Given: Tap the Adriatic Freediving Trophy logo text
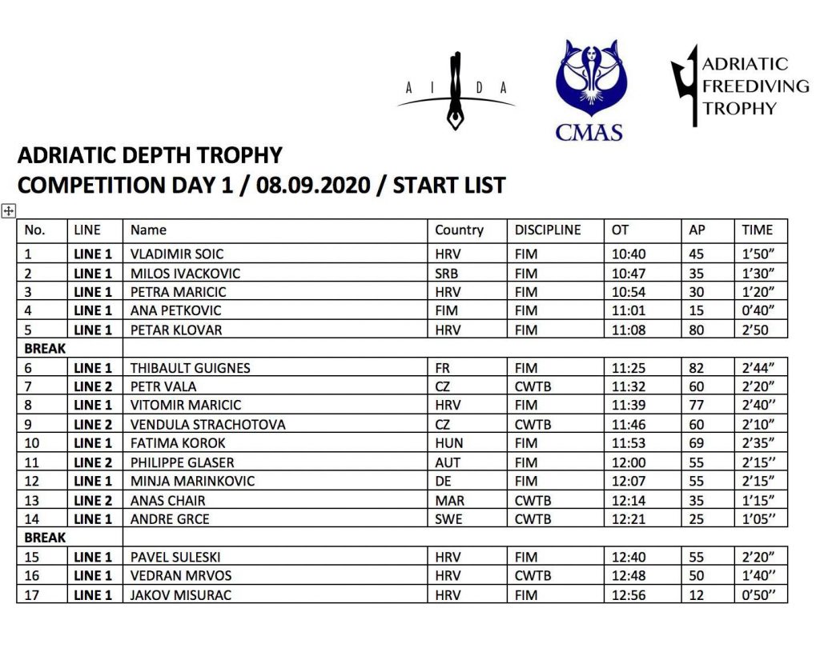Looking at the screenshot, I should [744, 86].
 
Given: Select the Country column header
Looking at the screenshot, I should [459, 230].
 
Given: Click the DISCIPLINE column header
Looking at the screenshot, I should [548, 230].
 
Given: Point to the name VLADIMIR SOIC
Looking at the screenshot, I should [177, 254].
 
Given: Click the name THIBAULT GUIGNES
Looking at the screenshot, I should [191, 368].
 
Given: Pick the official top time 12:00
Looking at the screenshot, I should [628, 462].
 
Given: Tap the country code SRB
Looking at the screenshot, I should [447, 274].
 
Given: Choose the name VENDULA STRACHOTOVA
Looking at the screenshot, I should [208, 425].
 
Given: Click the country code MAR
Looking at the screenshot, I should [448, 501].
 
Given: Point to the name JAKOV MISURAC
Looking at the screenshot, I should [181, 595].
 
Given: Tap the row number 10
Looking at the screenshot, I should [33, 443].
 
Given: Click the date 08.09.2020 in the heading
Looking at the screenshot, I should [316, 186].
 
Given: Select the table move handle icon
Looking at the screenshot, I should [9, 211].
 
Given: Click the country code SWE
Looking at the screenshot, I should [448, 519].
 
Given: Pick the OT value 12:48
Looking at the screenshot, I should [628, 576].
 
